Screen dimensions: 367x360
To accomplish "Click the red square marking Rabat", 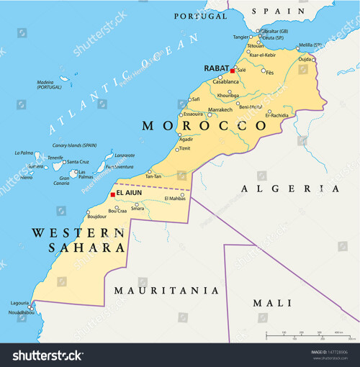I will [232, 71].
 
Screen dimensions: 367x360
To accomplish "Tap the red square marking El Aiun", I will [112, 194].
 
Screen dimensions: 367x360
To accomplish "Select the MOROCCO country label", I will [204, 126].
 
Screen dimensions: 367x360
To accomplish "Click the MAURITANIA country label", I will [167, 291].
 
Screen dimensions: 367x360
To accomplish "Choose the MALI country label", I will [271, 303].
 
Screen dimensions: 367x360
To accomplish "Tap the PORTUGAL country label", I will [200, 16].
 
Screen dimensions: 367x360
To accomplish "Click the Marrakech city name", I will [220, 110].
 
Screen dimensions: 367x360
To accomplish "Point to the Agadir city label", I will [186, 139].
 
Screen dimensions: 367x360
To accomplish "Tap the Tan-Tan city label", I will [153, 176].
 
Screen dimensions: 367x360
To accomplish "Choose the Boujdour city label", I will [96, 216].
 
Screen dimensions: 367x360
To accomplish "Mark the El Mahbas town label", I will [175, 198].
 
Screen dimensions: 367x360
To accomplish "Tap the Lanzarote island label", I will [125, 155].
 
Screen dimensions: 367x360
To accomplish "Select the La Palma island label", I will [24, 153].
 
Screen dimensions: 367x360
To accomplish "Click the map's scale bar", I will [303, 336].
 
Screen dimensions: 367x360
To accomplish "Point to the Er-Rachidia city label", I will [277, 115].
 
